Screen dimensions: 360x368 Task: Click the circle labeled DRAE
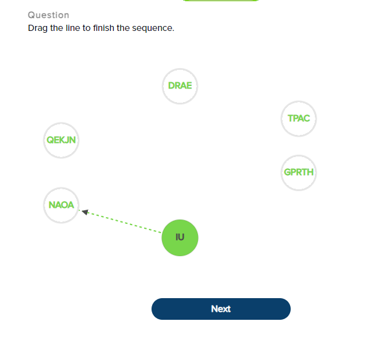pyautogui.click(x=180, y=86)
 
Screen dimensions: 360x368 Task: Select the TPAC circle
pyautogui.click(x=299, y=118)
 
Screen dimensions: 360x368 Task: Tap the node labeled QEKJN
pyautogui.click(x=61, y=140)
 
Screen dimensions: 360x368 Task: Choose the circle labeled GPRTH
pyautogui.click(x=299, y=173)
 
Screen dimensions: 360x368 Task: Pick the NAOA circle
pyautogui.click(x=61, y=205)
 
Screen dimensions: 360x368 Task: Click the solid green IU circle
pyautogui.click(x=180, y=238)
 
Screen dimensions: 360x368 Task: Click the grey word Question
pyautogui.click(x=48, y=15)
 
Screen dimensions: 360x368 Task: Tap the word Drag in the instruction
pyautogui.click(x=38, y=28)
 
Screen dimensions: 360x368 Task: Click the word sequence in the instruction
pyautogui.click(x=155, y=28)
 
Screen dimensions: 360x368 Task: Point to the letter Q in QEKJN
pyautogui.click(x=50, y=140)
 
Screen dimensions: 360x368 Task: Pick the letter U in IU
pyautogui.click(x=182, y=238)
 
